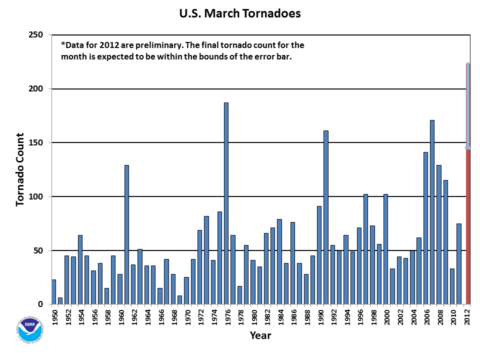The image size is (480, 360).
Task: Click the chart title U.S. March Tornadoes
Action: [240, 13]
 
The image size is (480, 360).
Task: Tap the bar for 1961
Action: [126, 234]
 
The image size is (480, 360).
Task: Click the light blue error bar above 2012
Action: [468, 105]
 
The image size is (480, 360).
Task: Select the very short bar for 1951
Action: [60, 301]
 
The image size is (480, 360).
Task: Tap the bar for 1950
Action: [53, 292]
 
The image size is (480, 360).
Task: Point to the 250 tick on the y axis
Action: [43, 35]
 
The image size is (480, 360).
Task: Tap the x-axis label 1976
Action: [226, 317]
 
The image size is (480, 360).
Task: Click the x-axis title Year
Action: [260, 335]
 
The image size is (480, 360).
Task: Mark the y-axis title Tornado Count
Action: [20, 169]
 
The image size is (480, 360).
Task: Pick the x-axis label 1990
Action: [319, 317]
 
